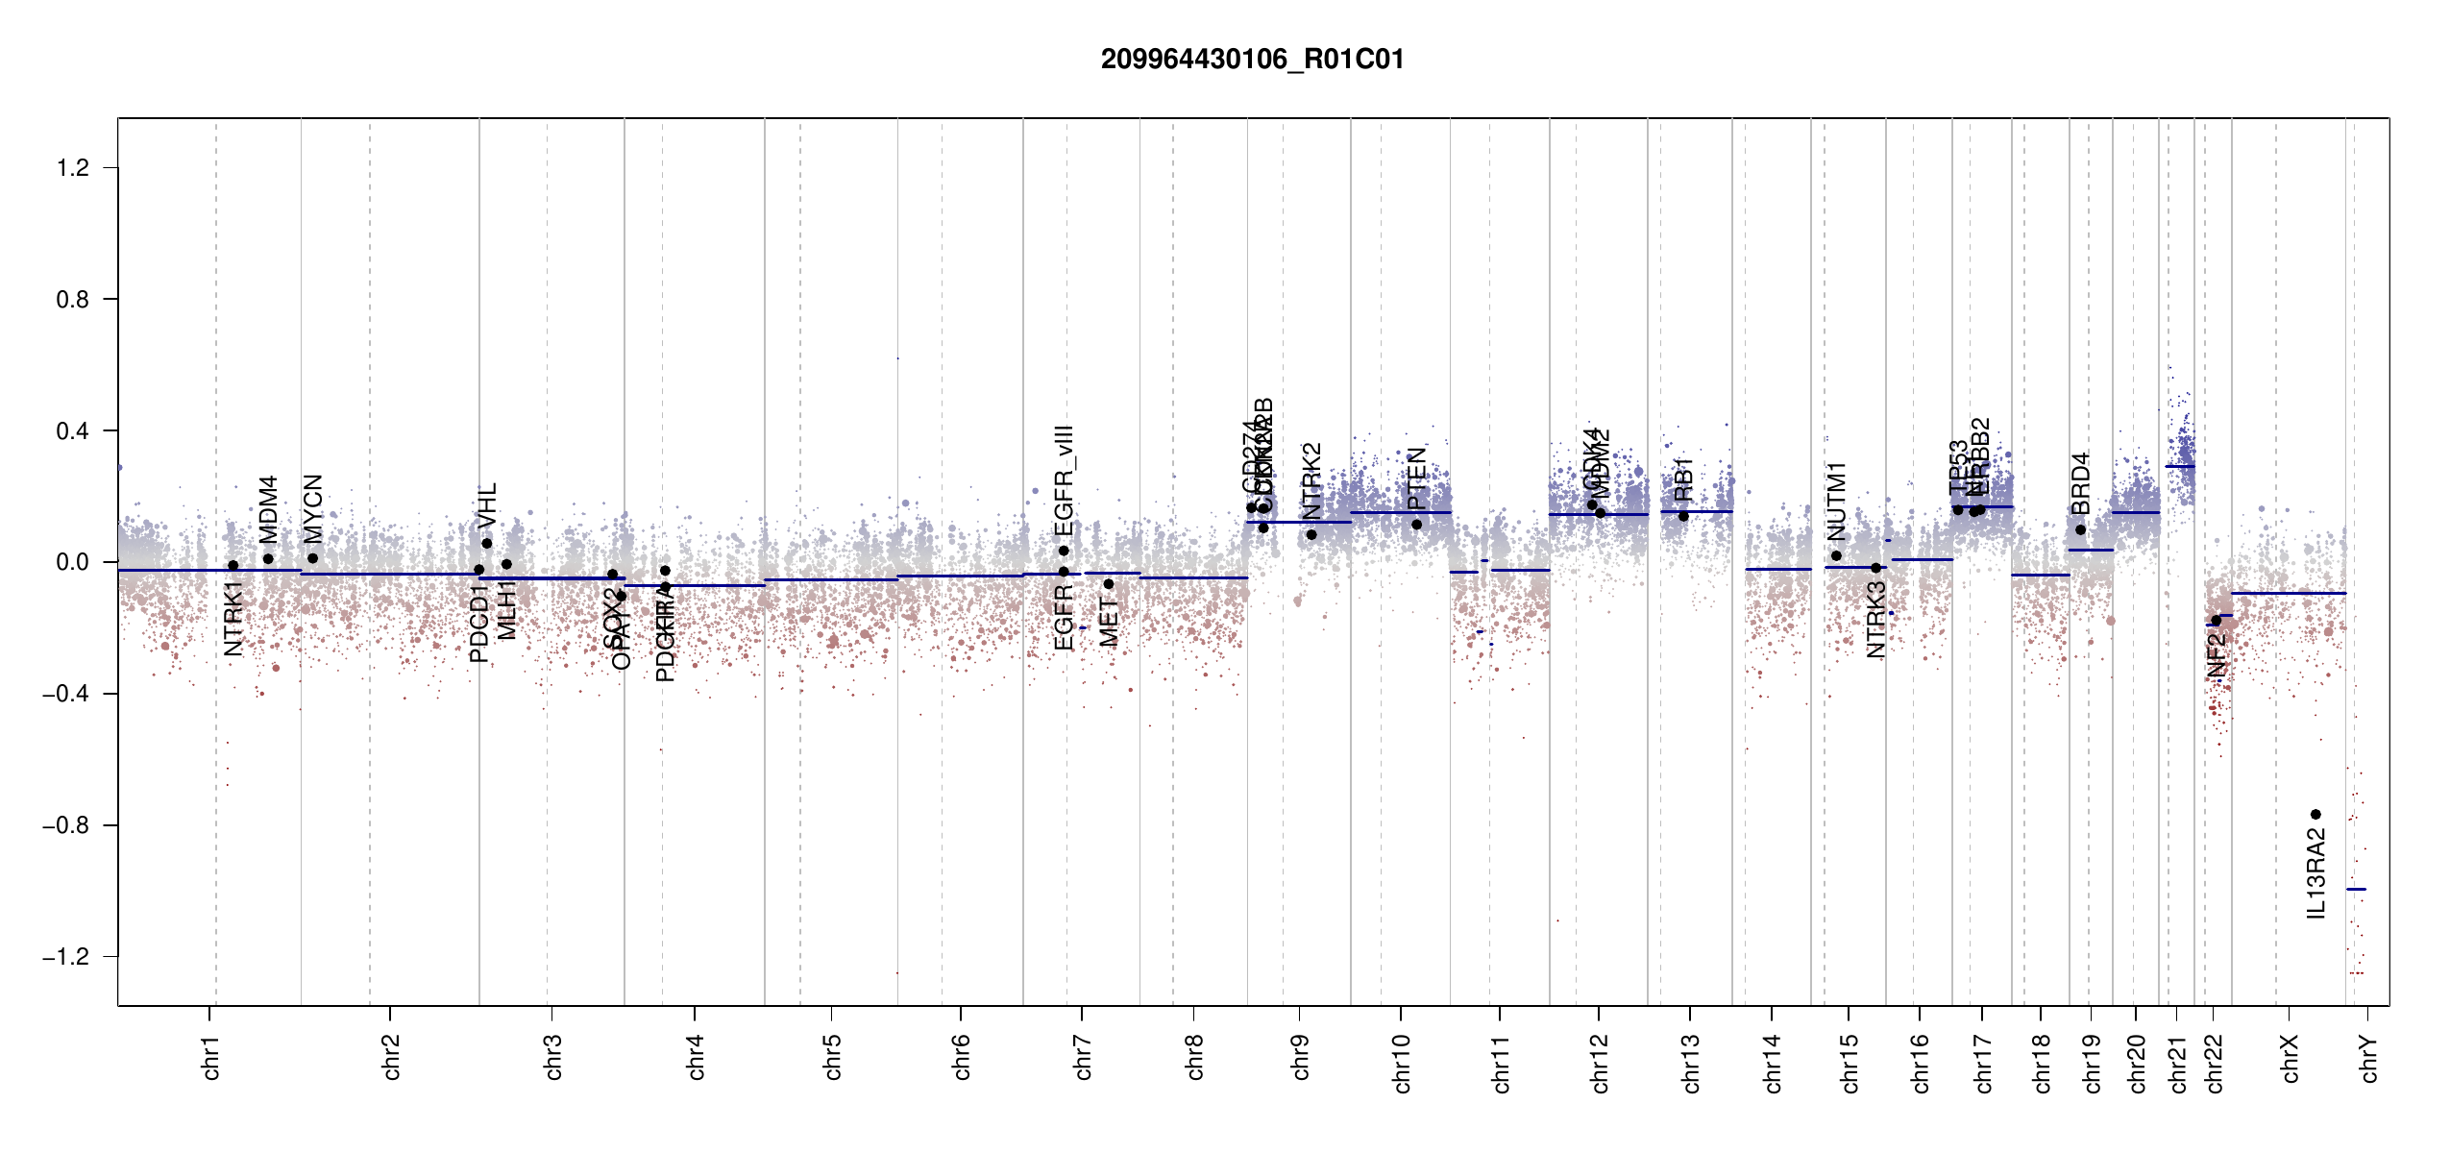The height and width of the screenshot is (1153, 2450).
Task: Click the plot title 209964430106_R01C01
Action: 1252,60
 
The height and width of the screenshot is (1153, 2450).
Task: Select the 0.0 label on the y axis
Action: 73,562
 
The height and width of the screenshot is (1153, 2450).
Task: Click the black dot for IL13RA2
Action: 2315,815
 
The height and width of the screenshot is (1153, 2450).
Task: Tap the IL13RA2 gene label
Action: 2316,875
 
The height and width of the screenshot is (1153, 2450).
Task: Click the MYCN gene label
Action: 313,508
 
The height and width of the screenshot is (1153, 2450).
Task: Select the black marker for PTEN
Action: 1416,525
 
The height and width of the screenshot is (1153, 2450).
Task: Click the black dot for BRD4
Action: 2080,530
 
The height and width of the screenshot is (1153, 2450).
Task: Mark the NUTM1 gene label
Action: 1837,501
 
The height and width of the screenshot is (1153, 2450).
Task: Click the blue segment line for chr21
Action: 2180,466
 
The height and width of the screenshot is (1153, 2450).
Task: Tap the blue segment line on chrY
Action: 2356,890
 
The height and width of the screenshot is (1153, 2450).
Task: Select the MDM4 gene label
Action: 269,509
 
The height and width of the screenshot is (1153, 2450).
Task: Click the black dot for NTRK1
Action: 233,566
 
